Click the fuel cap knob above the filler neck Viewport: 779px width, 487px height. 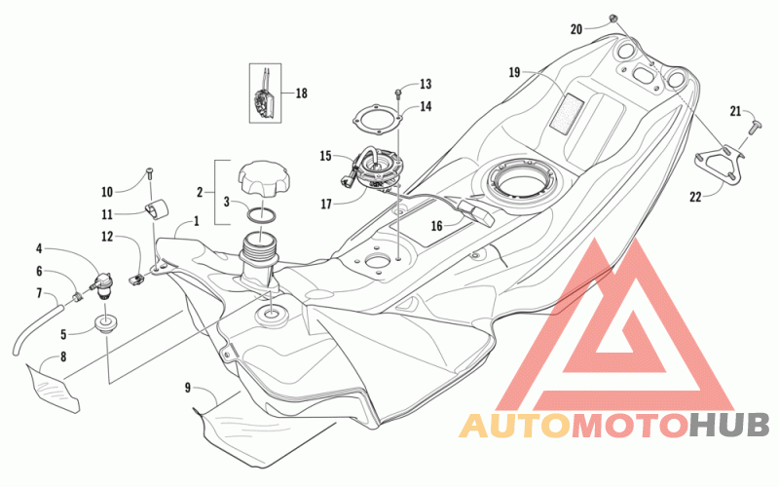pos(262,179)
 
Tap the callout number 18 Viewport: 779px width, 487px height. pos(302,94)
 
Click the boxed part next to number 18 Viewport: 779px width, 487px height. pos(265,93)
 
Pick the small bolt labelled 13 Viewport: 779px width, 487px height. pos(398,93)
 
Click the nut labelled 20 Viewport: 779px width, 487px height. pos(613,19)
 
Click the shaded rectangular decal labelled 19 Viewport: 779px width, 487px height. pos(566,113)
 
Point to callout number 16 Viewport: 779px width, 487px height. pos(436,227)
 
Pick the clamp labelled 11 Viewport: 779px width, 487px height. pos(157,208)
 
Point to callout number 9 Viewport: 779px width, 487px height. pos(187,388)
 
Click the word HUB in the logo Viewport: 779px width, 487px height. pos(729,425)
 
